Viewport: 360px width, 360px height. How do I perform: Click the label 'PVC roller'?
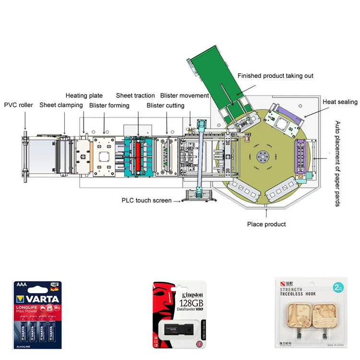tap(19, 105)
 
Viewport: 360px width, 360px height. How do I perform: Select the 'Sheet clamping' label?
tap(61, 105)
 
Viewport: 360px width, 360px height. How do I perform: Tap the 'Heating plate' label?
tap(84, 96)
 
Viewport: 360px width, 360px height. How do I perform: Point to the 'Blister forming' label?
tap(109, 105)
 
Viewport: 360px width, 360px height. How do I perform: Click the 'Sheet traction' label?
tap(135, 96)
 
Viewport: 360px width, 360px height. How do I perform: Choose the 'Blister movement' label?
tap(185, 96)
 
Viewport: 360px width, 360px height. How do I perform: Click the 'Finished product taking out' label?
tap(276, 76)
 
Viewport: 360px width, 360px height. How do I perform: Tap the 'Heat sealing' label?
tap(340, 102)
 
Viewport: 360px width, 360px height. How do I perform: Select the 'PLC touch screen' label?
tap(146, 200)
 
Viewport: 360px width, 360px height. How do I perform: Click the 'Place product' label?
tap(266, 224)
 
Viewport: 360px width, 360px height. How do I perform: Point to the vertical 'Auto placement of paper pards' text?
tap(337, 164)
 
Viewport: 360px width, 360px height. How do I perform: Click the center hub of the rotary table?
tap(262, 156)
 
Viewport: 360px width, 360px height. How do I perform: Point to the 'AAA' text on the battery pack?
tap(22, 284)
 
